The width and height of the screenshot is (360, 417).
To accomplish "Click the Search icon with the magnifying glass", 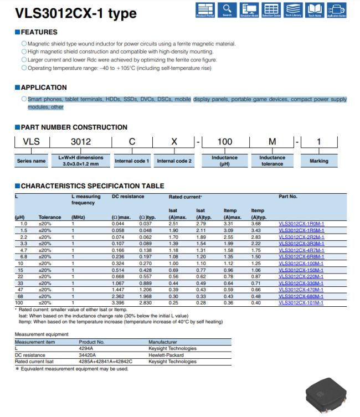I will [x=227, y=9].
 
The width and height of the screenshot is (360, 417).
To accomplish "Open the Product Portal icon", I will [x=204, y=9].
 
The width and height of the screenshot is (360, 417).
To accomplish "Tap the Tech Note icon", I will [x=315, y=9].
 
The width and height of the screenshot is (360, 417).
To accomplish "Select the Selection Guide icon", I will [x=271, y=9].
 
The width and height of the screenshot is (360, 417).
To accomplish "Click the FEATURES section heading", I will [x=39, y=33].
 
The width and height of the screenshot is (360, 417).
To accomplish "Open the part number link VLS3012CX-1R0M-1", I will [x=301, y=223].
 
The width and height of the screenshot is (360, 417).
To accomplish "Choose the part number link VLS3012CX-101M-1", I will [x=301, y=302].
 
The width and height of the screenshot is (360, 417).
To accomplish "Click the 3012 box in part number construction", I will [x=81, y=142].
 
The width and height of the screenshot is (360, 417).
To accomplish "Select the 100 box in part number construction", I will [x=224, y=142].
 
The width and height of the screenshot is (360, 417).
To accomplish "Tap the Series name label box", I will [x=32, y=161].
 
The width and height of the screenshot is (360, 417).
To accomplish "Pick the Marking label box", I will [x=318, y=161].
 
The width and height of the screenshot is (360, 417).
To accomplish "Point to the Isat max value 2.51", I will [x=173, y=223].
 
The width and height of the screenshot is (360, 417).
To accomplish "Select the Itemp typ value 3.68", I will [x=255, y=223].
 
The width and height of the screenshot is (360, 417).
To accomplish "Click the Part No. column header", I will [x=288, y=197].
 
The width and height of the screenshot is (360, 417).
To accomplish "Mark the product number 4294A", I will [x=88, y=348].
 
